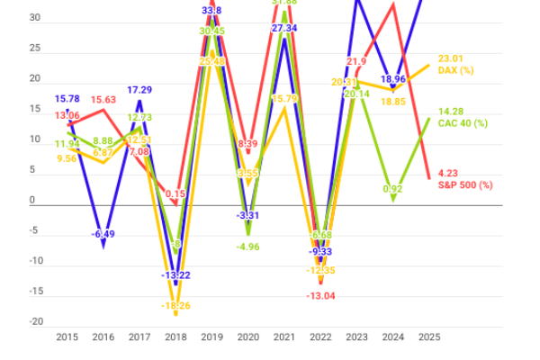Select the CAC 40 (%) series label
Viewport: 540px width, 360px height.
463,122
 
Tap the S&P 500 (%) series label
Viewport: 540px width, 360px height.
465,184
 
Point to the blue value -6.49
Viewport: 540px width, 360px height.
103,234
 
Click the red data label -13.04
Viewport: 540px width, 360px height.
321,295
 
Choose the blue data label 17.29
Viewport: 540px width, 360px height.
139,90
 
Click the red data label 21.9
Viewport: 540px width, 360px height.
356,61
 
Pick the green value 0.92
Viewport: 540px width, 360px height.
391,189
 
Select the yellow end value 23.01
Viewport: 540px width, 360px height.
450,58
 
